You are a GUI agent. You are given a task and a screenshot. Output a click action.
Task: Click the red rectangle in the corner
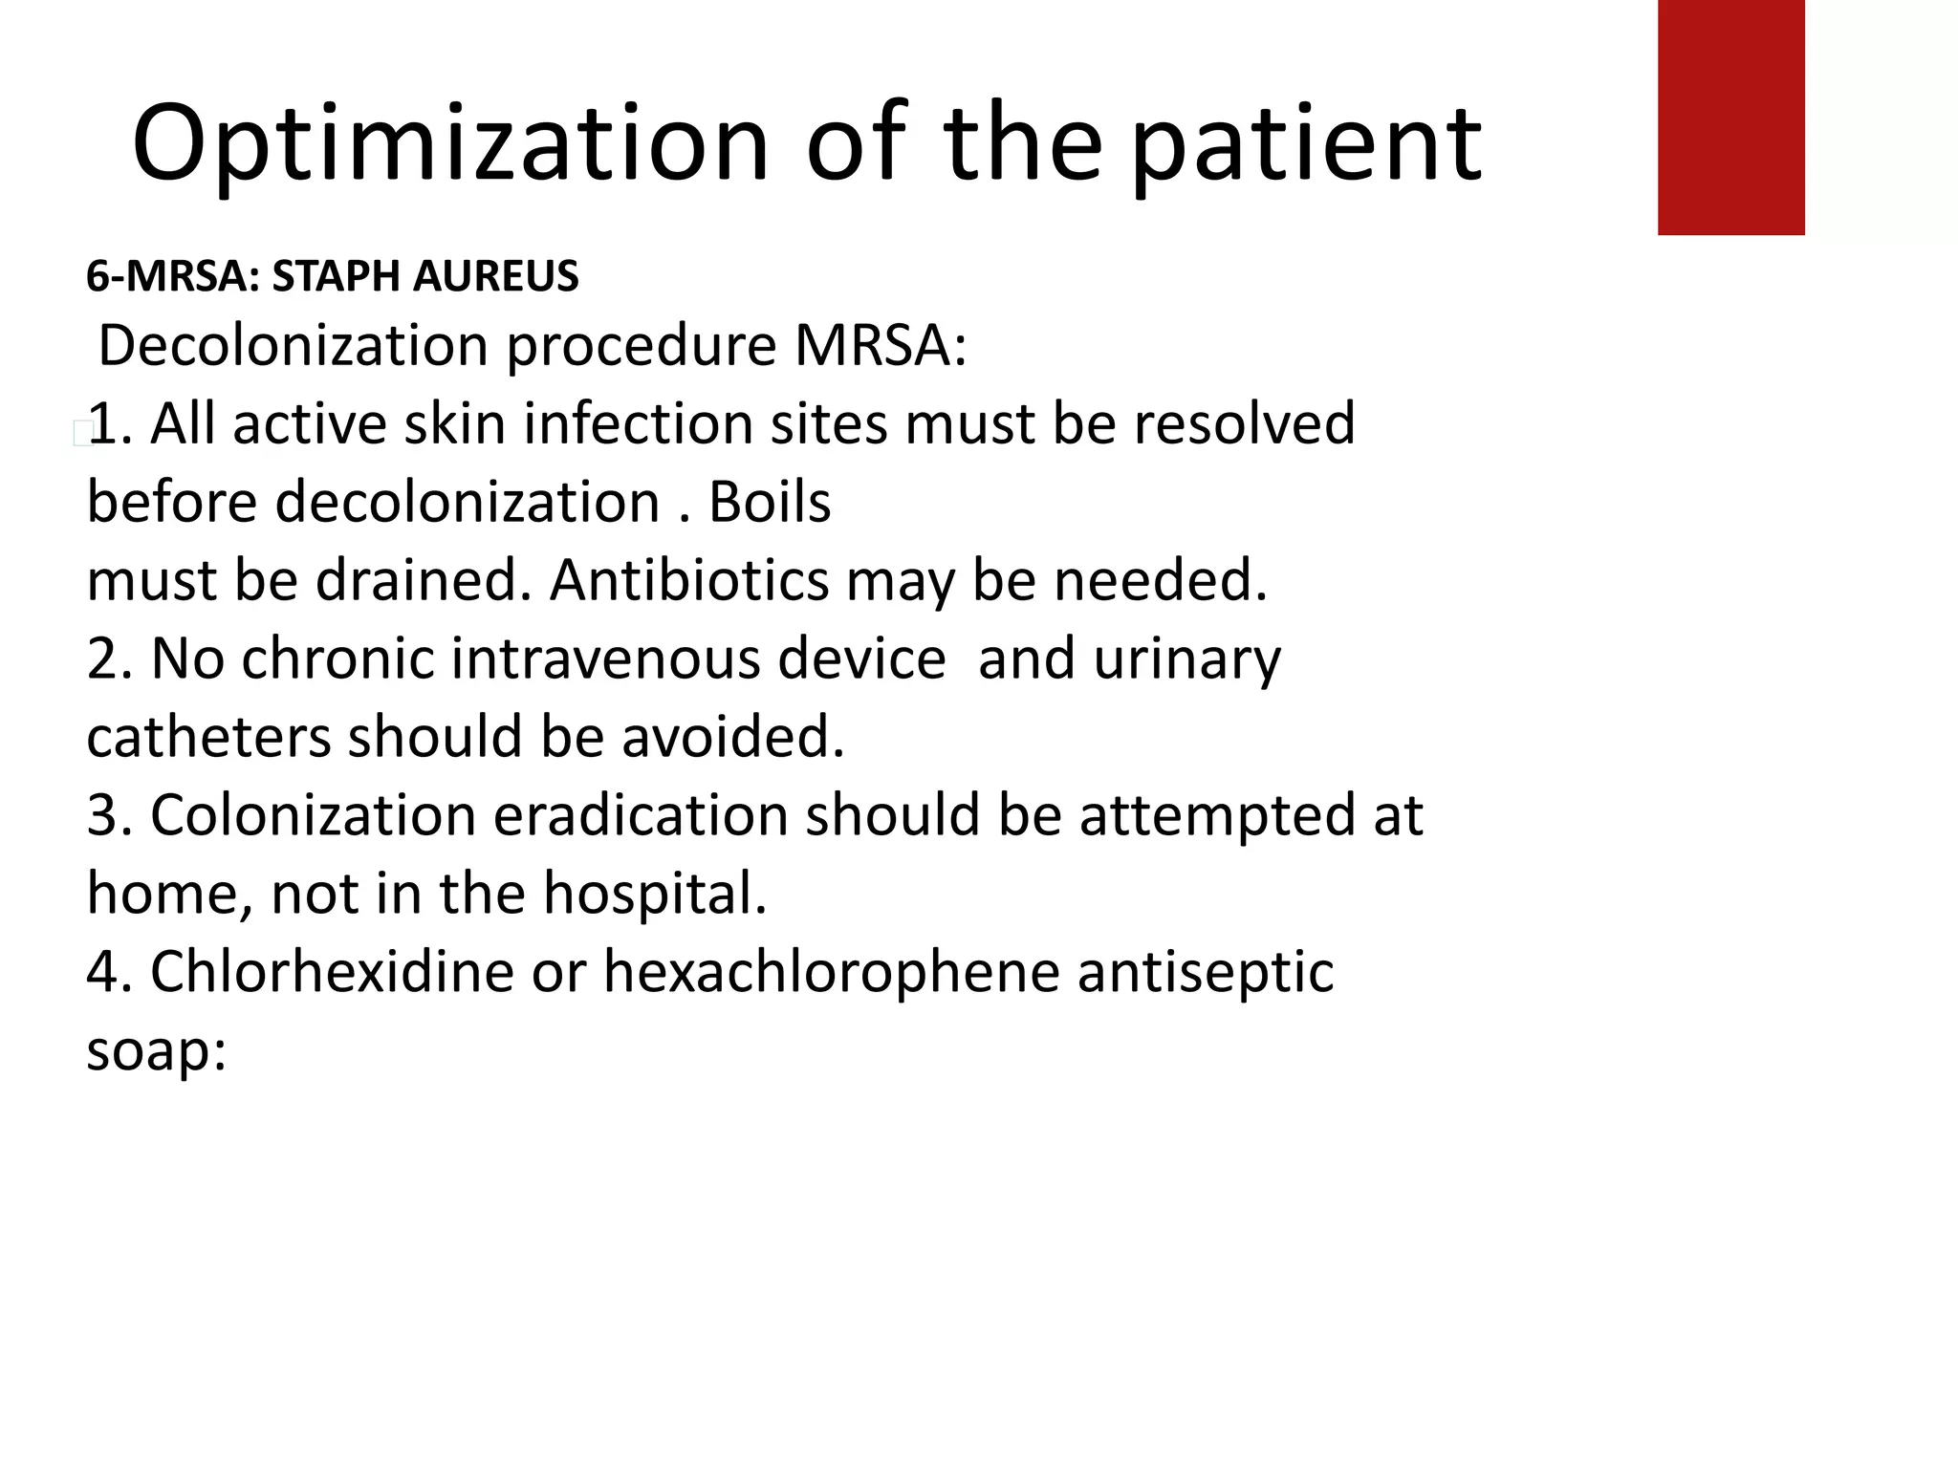click(x=1730, y=117)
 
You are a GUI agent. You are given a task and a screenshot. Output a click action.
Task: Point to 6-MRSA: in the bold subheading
click(x=173, y=276)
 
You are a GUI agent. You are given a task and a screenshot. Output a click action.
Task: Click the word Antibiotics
click(x=689, y=580)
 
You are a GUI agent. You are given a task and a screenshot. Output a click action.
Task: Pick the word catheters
click(x=207, y=737)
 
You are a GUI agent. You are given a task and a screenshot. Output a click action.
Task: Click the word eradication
click(x=641, y=815)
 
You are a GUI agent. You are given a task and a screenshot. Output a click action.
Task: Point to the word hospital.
click(x=655, y=894)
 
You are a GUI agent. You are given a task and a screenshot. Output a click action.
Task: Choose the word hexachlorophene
click(x=831, y=972)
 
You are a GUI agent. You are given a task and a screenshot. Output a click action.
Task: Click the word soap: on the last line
click(x=156, y=1050)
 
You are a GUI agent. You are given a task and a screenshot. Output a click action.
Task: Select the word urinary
click(x=1186, y=658)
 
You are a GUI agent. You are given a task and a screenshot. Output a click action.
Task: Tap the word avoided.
click(x=733, y=737)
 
